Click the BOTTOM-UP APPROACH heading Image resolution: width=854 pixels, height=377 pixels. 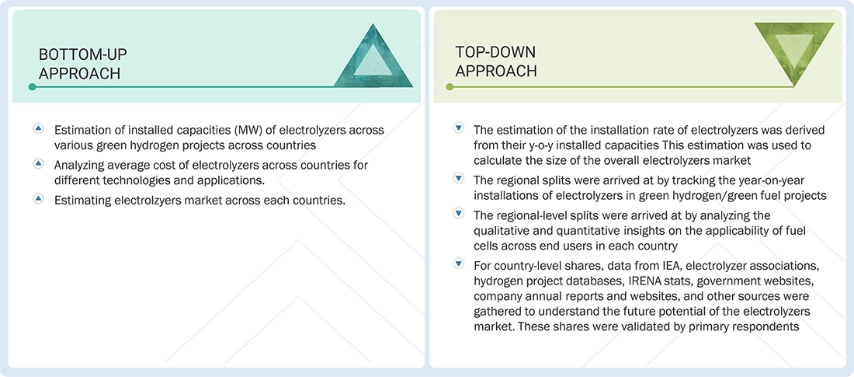pos(83,64)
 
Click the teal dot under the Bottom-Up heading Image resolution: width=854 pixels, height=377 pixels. pos(32,87)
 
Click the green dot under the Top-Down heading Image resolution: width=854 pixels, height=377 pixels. pos(449,87)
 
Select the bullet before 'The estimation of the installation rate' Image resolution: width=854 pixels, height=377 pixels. pos(458,128)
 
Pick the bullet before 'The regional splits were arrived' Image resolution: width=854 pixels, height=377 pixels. pos(458,179)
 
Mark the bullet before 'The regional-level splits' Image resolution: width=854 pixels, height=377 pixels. pos(458,215)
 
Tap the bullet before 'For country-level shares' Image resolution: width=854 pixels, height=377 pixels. pos(458,265)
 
